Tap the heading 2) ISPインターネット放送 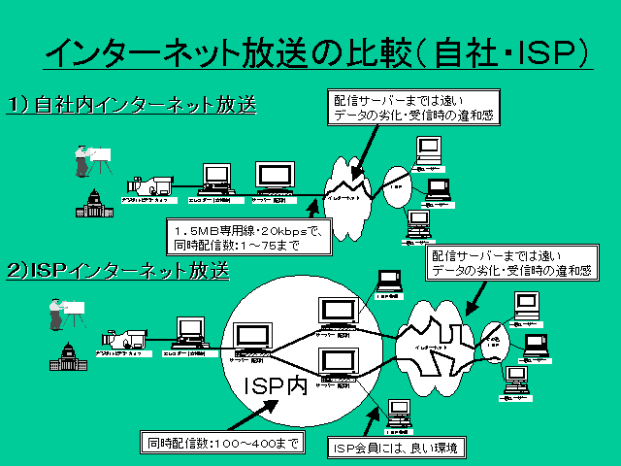click(117, 270)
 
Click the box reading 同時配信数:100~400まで click(220, 444)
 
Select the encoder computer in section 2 click(189, 332)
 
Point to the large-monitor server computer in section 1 click(275, 179)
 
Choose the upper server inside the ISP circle click(339, 311)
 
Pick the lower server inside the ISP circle click(339, 364)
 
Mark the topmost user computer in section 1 click(427, 150)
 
